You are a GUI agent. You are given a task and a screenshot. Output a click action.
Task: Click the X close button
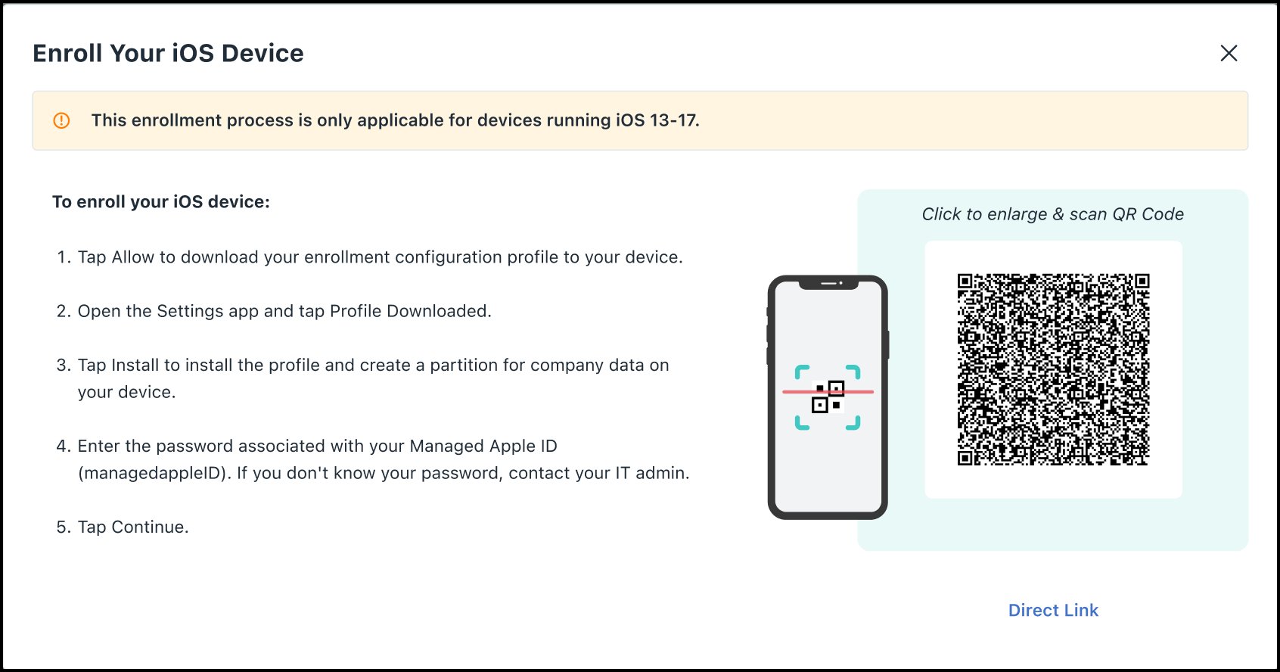pos(1229,53)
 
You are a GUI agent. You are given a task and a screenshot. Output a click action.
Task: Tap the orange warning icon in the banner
pos(62,120)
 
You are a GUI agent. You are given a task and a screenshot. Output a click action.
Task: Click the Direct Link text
pos(1053,610)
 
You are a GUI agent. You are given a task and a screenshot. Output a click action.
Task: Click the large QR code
pos(1053,369)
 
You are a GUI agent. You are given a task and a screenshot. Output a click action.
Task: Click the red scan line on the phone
pos(828,392)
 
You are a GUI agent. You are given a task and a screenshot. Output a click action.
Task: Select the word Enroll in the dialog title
pos(67,53)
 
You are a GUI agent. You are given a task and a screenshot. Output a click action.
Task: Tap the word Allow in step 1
pos(132,257)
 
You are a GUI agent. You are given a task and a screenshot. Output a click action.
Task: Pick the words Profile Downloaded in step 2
pos(409,311)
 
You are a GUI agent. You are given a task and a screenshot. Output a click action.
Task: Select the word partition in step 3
pos(464,366)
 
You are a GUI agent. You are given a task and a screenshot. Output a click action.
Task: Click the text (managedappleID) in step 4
pos(153,474)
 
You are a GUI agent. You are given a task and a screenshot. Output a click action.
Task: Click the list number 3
pos(62,366)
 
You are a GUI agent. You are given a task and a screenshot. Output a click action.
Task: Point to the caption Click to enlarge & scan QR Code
pos(1052,214)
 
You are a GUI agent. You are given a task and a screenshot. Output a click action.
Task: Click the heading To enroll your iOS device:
pos(161,202)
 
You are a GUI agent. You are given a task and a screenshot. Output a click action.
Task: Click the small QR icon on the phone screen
pos(828,397)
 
